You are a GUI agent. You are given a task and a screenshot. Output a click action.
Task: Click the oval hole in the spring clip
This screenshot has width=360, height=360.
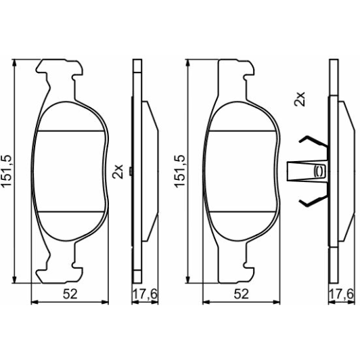(319, 171)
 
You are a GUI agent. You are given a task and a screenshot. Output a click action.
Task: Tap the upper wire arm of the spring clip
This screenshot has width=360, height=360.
(309, 143)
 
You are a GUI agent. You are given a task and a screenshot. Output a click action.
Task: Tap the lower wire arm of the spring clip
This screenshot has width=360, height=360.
(309, 199)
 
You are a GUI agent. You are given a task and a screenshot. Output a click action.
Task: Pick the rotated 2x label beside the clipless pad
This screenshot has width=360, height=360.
(116, 170)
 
